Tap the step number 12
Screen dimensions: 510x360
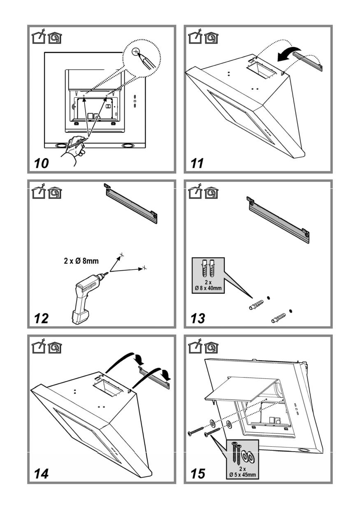tap(42, 318)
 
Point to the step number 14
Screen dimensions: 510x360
tap(42, 473)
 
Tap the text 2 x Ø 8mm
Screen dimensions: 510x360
tap(81, 261)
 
